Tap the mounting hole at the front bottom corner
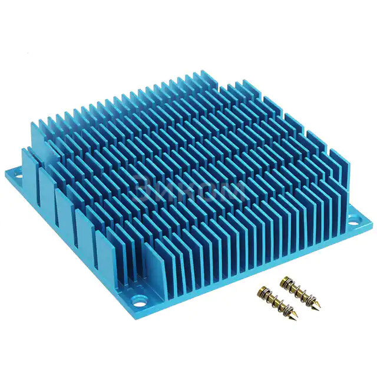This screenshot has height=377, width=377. coord(141,299)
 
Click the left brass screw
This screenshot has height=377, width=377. coord(276,300)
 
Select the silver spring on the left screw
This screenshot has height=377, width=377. coord(269,295)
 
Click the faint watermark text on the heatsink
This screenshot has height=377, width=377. coord(188,190)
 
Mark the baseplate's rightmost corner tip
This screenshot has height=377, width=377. coord(373,222)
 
